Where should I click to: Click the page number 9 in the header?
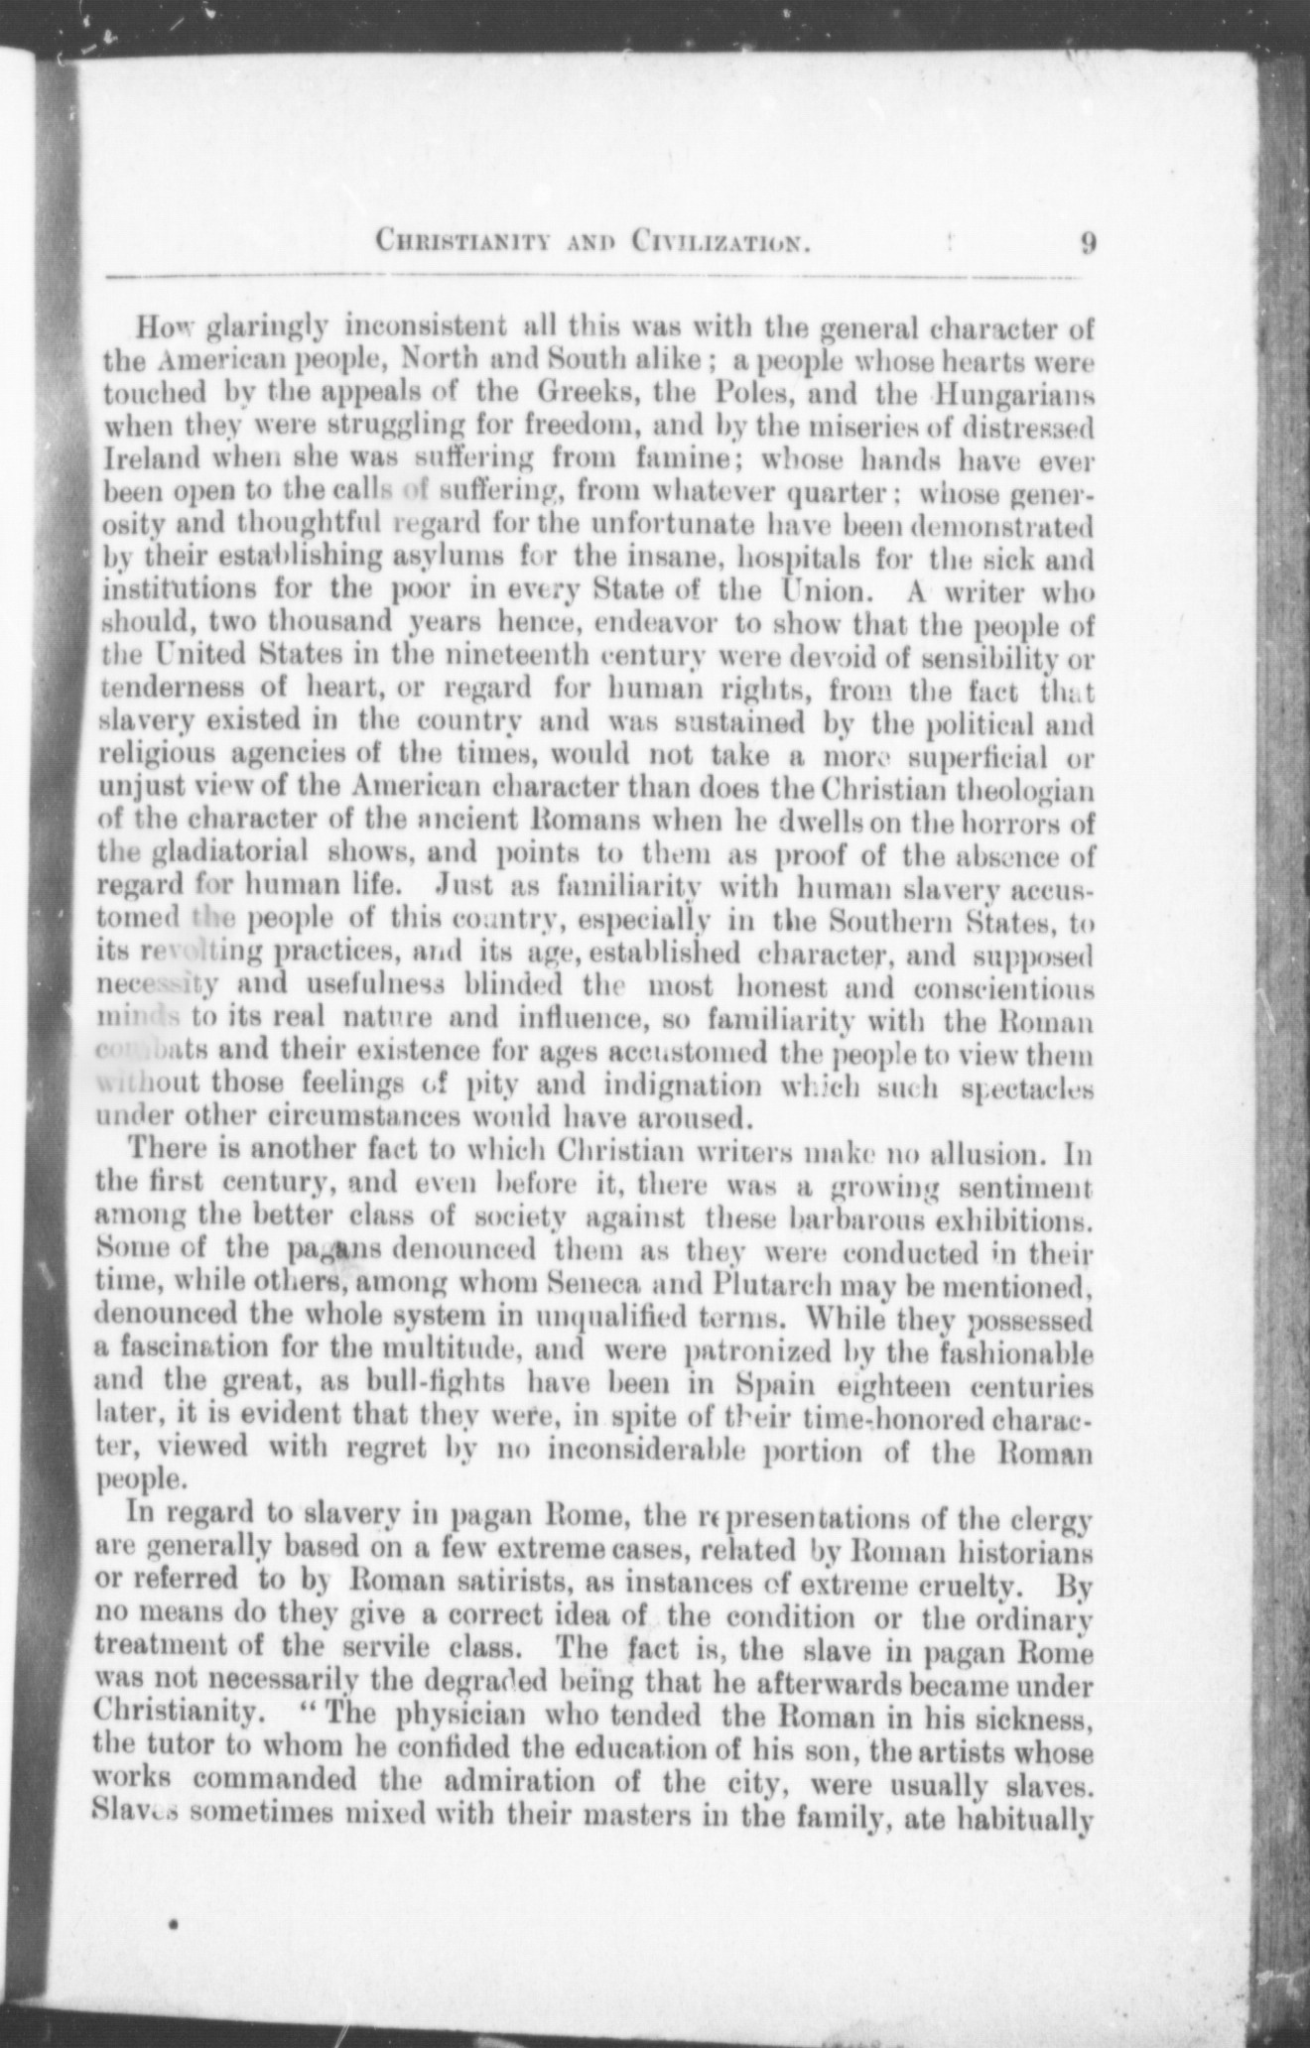click(1088, 243)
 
